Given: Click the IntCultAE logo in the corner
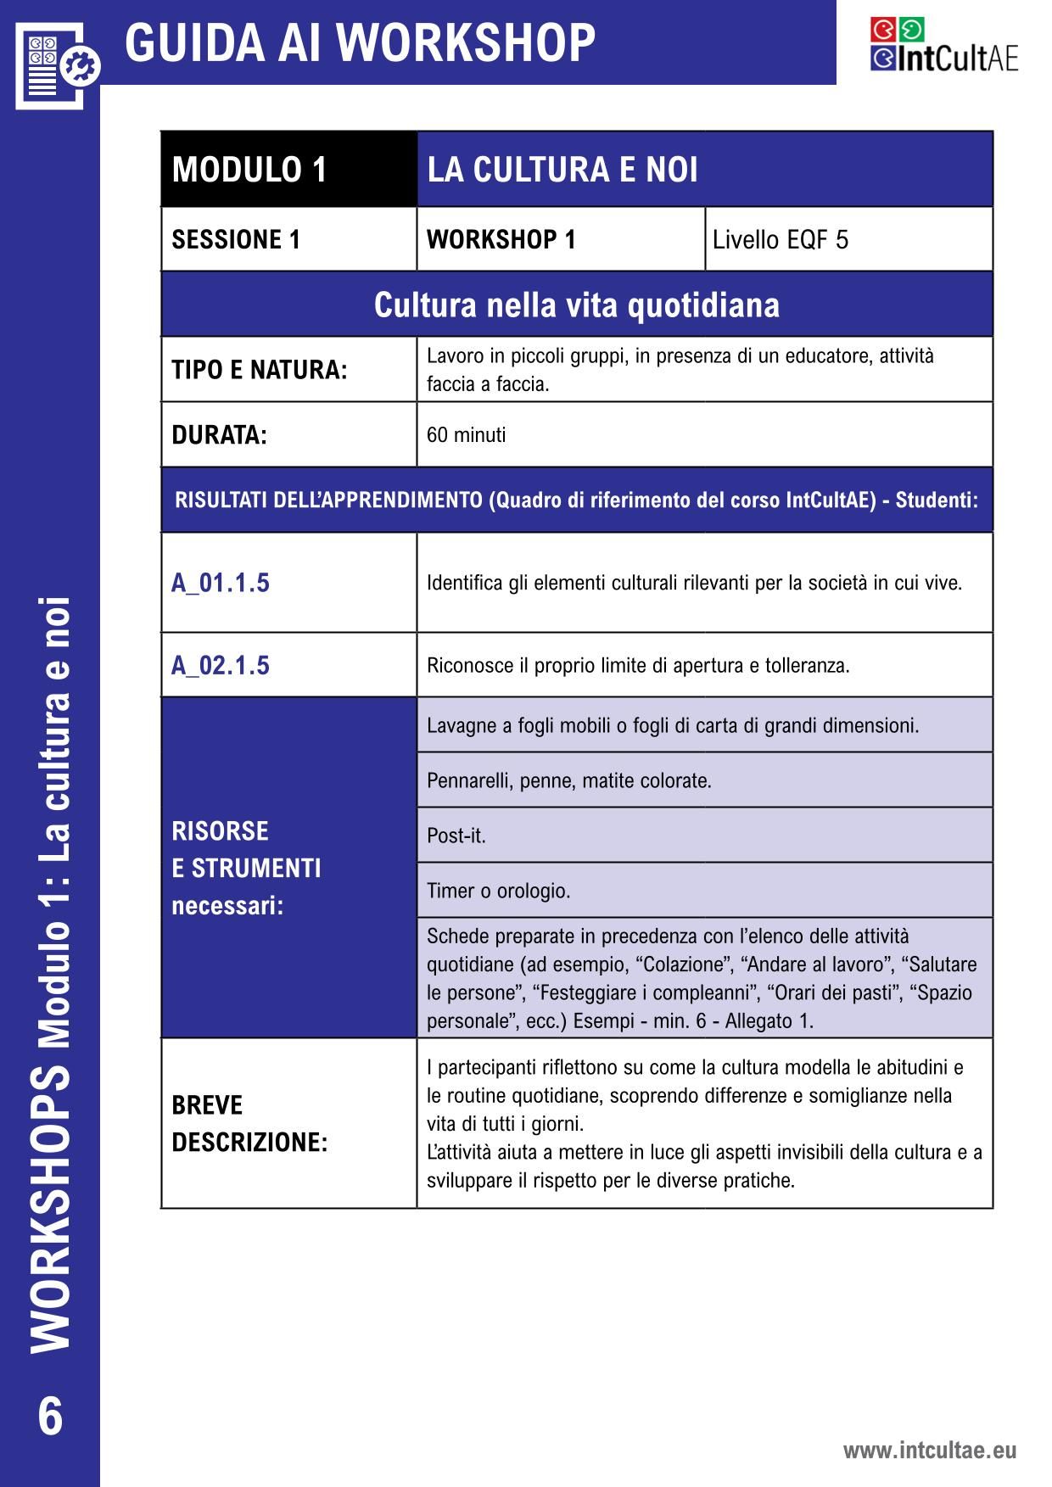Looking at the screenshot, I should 943,45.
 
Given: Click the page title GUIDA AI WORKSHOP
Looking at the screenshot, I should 361,42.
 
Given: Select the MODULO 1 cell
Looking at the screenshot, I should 249,170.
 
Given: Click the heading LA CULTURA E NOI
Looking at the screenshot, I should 562,170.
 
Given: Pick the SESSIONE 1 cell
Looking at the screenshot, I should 236,240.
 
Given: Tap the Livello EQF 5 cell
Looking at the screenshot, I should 780,240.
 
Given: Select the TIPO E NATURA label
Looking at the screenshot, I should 260,370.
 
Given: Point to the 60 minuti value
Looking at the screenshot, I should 466,435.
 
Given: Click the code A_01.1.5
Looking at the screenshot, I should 221,583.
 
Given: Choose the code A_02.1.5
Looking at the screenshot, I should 221,665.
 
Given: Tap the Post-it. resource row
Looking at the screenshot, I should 456,836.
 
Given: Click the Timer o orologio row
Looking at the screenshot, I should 498,891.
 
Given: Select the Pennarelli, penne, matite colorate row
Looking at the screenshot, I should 568,780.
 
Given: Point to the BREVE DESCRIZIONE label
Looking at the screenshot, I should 249,1123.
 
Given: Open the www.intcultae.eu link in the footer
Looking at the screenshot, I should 929,1451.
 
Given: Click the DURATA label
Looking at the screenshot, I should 219,435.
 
